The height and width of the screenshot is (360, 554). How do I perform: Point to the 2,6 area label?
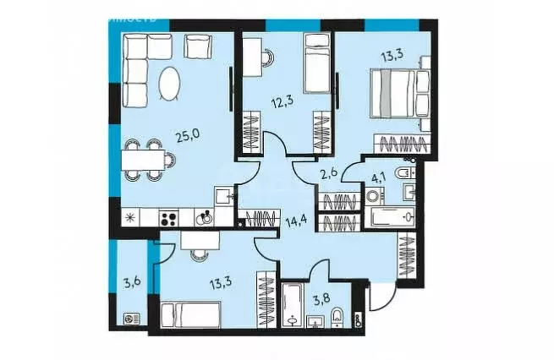(x=329, y=175)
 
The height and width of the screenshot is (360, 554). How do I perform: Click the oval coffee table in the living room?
(x=170, y=85)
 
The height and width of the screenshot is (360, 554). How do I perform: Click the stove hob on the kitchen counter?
(x=169, y=217)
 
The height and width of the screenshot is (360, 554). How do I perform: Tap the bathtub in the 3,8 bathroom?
(x=293, y=308)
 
